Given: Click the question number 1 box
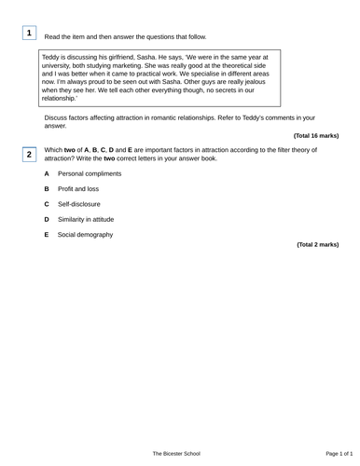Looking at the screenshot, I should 29,34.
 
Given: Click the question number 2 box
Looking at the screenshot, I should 29,154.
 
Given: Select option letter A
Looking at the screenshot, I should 47,174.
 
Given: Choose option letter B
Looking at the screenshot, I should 47,189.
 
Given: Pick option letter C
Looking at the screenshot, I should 47,204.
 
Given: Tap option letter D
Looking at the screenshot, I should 47,219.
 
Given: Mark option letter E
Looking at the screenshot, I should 47,235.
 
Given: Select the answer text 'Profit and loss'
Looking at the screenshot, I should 80,189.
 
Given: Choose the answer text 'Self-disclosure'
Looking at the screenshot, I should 79,204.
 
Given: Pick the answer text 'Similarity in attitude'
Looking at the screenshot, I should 87,219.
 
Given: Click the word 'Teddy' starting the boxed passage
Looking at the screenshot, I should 52,57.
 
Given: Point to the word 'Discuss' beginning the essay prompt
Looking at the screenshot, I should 57,118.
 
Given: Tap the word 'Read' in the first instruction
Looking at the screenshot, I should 53,37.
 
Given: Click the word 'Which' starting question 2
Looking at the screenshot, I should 54,149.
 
